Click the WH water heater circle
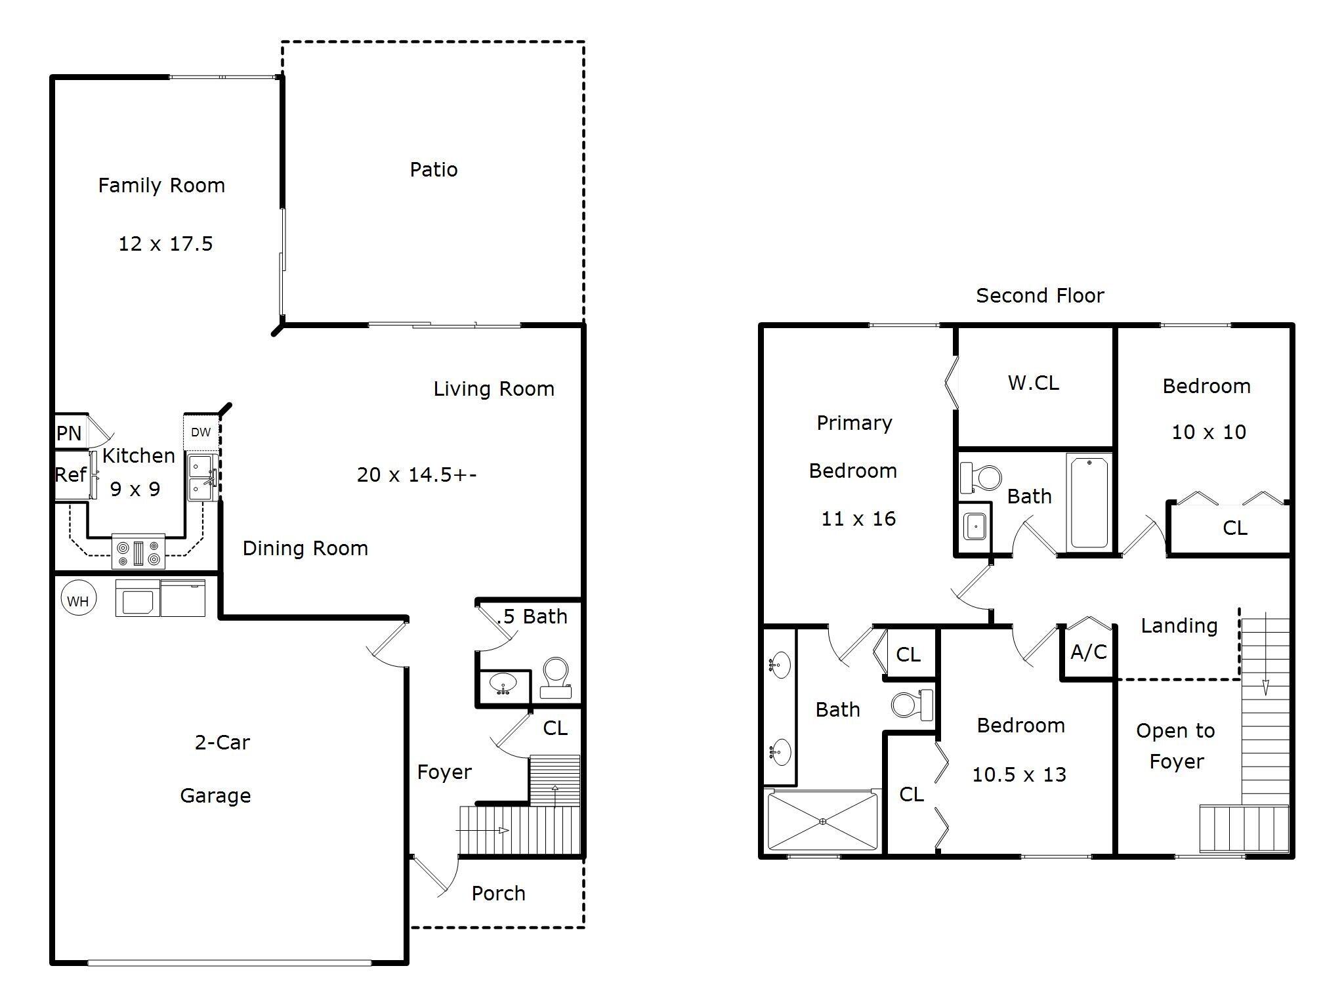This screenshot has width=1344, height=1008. pyautogui.click(x=78, y=600)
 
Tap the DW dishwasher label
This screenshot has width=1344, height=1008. pyautogui.click(x=201, y=432)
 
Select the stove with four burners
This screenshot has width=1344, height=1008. pyautogui.click(x=138, y=551)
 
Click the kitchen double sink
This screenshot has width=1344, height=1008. pyautogui.click(x=203, y=478)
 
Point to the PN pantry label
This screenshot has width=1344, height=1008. pyautogui.click(x=69, y=433)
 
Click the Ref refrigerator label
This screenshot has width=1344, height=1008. pyautogui.click(x=70, y=474)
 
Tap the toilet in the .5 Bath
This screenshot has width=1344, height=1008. pyautogui.click(x=556, y=677)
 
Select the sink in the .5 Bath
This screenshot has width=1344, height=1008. pyautogui.click(x=503, y=684)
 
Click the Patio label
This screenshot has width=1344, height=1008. pyautogui.click(x=433, y=170)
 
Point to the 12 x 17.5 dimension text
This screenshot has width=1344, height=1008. pyautogui.click(x=165, y=244)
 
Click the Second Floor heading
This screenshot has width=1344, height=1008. pyautogui.click(x=1039, y=296)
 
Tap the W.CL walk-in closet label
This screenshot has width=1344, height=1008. pyautogui.click(x=1033, y=383)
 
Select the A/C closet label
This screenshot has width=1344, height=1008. pyautogui.click(x=1088, y=652)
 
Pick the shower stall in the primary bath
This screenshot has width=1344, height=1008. pyautogui.click(x=823, y=821)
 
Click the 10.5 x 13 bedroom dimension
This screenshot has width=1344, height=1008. pyautogui.click(x=1018, y=775)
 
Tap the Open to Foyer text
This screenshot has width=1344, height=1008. pyautogui.click(x=1175, y=746)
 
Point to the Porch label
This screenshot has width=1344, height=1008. pyautogui.click(x=498, y=894)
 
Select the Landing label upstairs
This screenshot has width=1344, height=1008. pyautogui.click(x=1179, y=626)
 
